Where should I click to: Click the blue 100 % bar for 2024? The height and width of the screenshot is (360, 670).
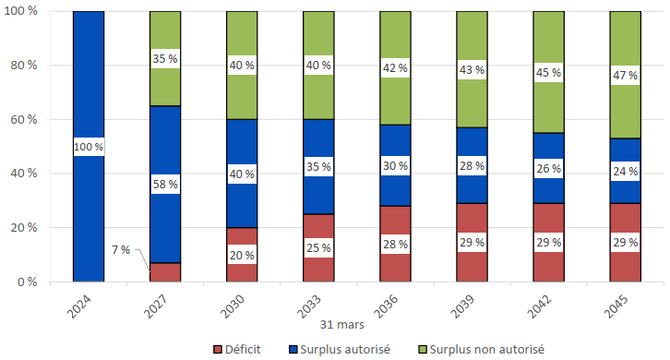90,92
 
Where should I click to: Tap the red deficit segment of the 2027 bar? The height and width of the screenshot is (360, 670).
165,272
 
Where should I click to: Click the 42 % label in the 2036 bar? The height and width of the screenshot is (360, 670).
395,68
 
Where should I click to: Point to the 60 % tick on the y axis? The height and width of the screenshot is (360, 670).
23,119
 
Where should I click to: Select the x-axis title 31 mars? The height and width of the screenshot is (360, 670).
342,325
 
